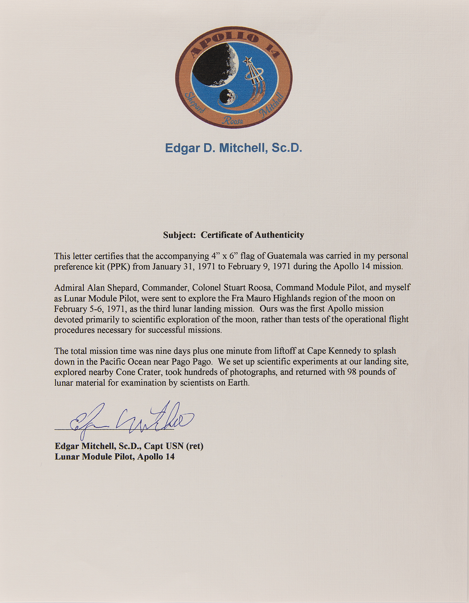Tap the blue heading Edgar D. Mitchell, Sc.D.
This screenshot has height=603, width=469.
coord(233,148)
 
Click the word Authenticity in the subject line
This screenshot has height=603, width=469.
coord(279,235)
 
